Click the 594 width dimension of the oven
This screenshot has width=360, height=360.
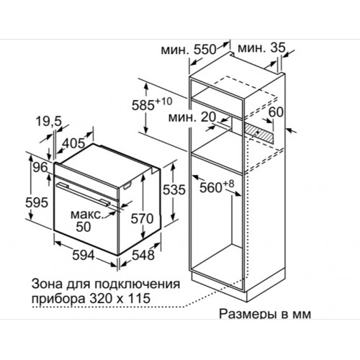click(84, 255)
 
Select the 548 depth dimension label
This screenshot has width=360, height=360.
click(143, 255)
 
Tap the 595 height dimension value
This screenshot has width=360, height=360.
click(37, 203)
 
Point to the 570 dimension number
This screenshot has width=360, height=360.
click(142, 219)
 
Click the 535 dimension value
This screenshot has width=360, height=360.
click(174, 189)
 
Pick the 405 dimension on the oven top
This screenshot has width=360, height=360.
click(73, 143)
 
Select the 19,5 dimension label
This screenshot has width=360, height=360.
click(49, 121)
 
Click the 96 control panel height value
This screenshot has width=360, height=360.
click(40, 168)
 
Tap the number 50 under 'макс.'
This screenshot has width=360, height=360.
click(84, 227)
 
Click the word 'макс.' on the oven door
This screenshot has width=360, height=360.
click(87, 215)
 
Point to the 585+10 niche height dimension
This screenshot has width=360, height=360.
click(152, 104)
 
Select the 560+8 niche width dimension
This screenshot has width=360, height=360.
click(217, 186)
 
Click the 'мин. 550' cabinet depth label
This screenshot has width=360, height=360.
click(189, 50)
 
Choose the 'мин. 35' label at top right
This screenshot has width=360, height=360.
click(261, 48)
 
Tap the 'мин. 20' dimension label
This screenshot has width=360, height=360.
click(192, 117)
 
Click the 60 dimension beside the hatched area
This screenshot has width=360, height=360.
click(276, 112)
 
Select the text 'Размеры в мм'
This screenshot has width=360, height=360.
click(265, 314)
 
